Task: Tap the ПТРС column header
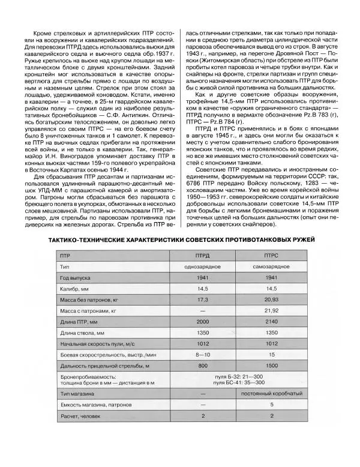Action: (271, 255)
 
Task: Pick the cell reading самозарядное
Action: (271, 267)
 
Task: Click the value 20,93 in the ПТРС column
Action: (271, 298)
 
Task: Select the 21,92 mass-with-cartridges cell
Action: (271, 312)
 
